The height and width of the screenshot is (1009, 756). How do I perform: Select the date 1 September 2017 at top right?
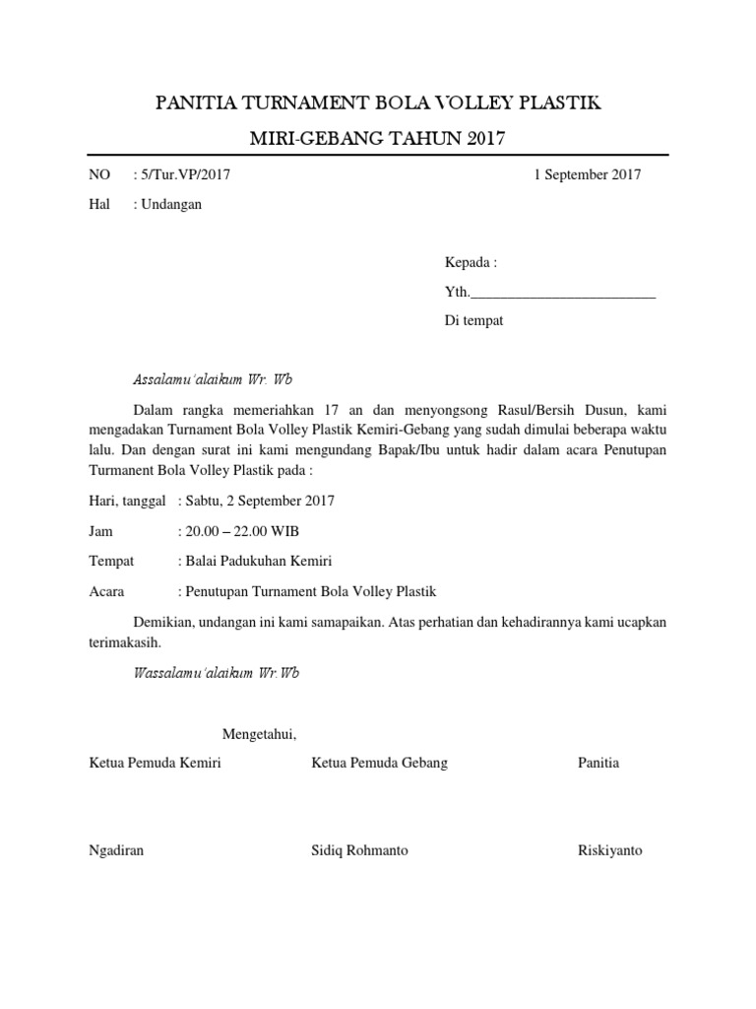coord(587,175)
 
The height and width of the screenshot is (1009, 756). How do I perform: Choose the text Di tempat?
coord(473,321)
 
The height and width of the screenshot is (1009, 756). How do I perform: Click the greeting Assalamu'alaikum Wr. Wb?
coord(213,379)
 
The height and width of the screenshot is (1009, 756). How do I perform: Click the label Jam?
coord(100,531)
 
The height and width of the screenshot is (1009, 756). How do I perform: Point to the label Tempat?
coord(111,562)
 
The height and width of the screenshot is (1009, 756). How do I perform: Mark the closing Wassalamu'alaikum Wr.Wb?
coord(217,674)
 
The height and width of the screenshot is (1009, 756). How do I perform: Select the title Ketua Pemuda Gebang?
coord(379,764)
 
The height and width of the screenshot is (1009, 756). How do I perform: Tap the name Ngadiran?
coord(116,850)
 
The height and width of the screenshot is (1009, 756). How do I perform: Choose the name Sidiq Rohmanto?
coord(359,850)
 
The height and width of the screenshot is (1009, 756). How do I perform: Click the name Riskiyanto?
coord(609,850)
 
